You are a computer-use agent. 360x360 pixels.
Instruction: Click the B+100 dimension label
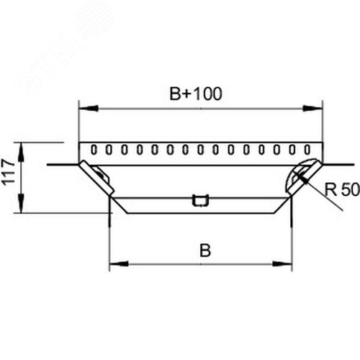tap(196, 94)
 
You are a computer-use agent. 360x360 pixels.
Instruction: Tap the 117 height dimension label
tap(9, 172)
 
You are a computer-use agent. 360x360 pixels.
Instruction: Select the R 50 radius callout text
tap(342, 189)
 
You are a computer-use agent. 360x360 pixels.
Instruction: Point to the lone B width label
tap(205, 251)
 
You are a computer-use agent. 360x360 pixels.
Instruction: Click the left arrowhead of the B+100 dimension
tap(89, 108)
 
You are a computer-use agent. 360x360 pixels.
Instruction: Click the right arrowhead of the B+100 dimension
tap(312, 108)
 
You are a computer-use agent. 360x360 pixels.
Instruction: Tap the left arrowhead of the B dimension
tap(119, 264)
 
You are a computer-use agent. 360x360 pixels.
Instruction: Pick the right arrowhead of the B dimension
tap(283, 264)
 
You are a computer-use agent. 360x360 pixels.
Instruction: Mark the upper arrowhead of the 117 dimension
tap(22, 152)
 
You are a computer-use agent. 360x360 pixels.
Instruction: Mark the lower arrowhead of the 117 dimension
tap(22, 204)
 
